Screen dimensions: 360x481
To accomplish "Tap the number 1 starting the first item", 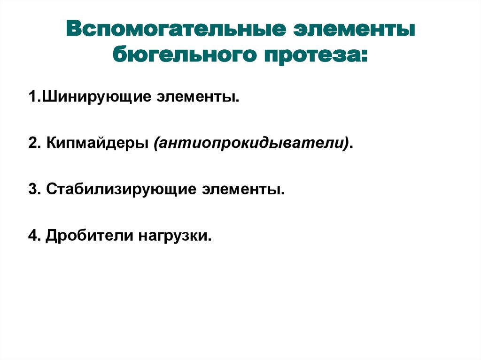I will click(31, 98).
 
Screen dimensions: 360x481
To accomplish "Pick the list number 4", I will click(32, 236).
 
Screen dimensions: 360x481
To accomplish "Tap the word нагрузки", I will click(172, 236).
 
